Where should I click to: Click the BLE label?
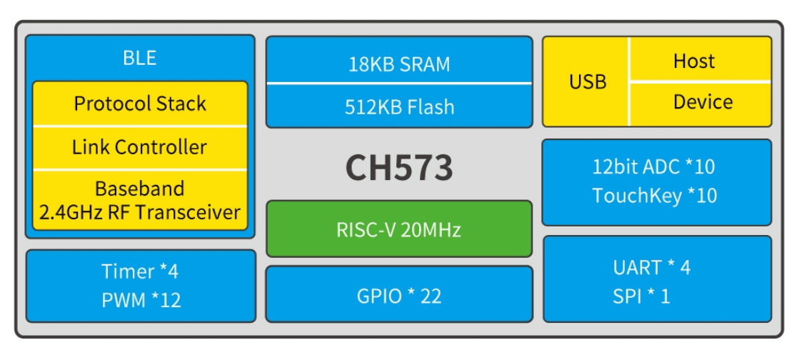tap(140, 58)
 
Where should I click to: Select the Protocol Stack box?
tap(140, 104)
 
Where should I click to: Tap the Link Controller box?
tap(140, 147)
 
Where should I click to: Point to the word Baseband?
tap(140, 189)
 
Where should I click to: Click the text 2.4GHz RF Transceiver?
tap(140, 212)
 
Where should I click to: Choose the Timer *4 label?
tap(140, 271)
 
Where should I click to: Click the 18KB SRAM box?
tap(399, 64)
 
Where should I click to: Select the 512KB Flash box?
tap(399, 107)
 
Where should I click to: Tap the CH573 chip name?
tap(399, 168)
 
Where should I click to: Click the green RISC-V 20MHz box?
tap(399, 230)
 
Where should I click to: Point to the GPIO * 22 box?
tap(399, 296)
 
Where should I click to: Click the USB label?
tap(588, 81)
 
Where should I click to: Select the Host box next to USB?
tap(699, 61)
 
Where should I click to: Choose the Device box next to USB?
tap(699, 102)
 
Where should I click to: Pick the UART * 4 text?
tap(652, 268)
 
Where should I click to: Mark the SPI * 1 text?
tap(642, 296)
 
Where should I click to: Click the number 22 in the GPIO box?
tap(431, 296)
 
